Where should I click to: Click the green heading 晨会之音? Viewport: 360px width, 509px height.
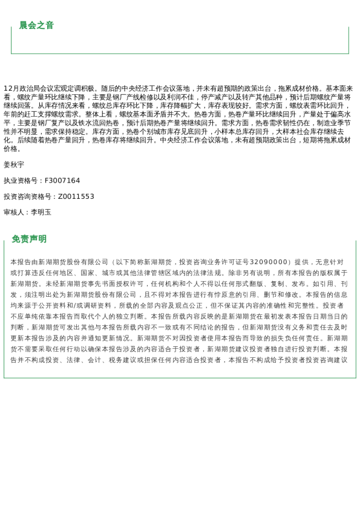36,25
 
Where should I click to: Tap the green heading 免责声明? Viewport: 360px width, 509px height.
29,239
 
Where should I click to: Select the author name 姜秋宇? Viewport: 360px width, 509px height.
14,164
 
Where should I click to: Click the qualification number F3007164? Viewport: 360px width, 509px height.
62,181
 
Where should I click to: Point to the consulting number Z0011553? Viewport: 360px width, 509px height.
76,196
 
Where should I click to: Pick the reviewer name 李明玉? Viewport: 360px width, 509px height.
41,212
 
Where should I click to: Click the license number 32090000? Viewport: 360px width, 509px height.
268,262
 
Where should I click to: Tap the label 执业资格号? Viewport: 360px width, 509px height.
20,181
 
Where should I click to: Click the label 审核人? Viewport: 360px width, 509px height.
14,212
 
